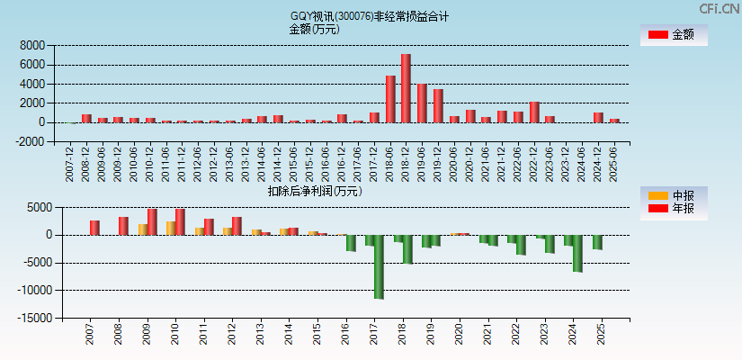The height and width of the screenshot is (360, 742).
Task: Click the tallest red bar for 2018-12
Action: [406, 88]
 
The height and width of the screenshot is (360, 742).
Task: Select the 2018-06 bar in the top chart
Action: [390, 99]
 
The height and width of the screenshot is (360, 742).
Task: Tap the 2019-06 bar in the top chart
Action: [422, 103]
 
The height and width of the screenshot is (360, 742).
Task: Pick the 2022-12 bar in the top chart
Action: [534, 112]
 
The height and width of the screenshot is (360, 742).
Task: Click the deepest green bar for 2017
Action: [379, 266]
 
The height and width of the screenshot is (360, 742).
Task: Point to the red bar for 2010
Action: [181, 221]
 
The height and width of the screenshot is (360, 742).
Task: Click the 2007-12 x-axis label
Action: [70, 163]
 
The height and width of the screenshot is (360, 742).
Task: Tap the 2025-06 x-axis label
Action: [614, 163]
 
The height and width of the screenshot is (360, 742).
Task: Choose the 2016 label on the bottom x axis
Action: [345, 336]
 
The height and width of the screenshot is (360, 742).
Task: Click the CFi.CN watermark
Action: [720, 9]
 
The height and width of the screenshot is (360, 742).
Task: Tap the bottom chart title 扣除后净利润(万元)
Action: [315, 191]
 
